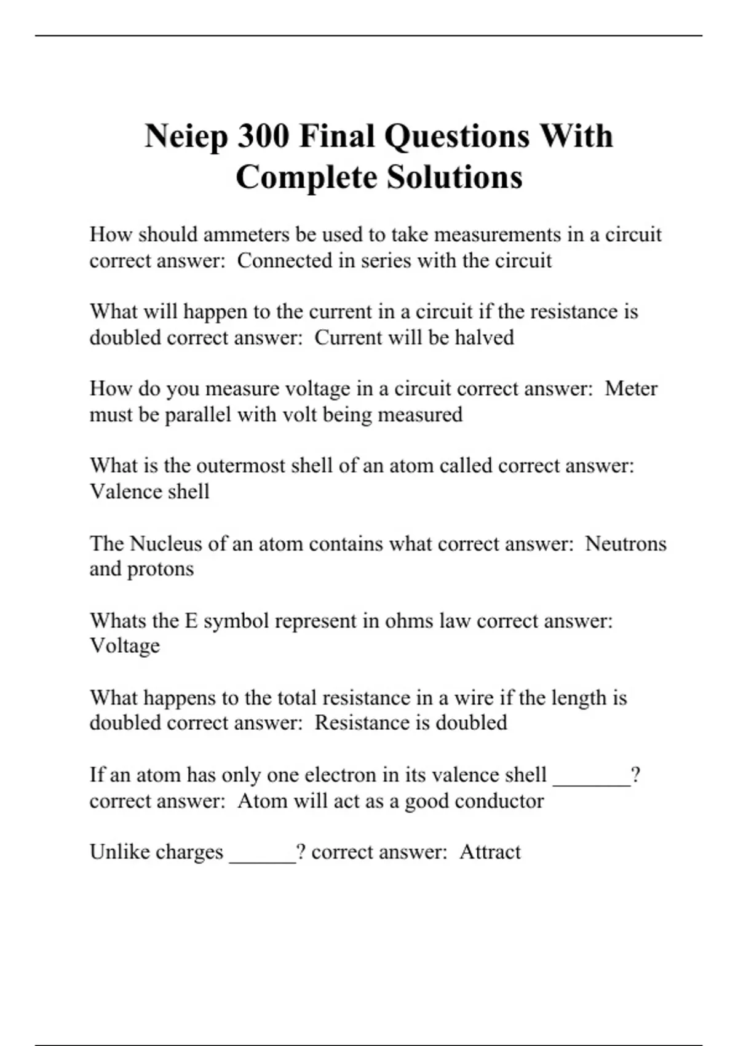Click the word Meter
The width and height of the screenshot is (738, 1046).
click(x=631, y=389)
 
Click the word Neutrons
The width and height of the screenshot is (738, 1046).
click(x=625, y=544)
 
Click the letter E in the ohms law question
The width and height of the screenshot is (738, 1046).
click(x=191, y=621)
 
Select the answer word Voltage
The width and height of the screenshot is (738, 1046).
click(x=125, y=646)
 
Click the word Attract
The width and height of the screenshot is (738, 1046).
click(x=490, y=852)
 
